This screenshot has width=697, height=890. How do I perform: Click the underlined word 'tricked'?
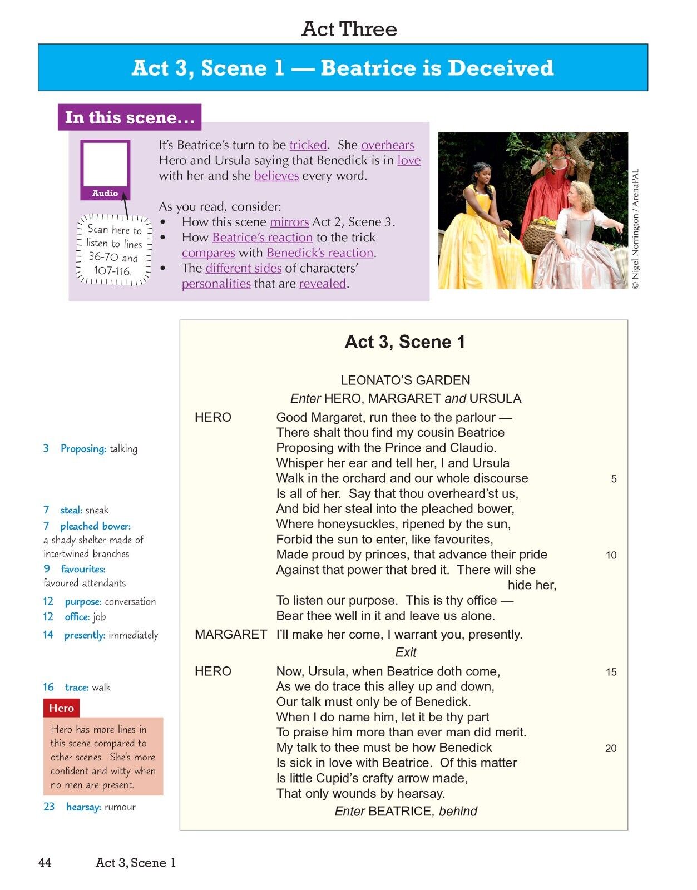pos(308,145)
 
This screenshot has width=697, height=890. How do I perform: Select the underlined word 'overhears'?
pos(387,145)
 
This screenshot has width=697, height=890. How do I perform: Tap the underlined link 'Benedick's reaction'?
pos(320,253)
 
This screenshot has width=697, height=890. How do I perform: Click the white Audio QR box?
pos(105,165)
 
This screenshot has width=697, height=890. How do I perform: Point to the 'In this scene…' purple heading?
pos(130,117)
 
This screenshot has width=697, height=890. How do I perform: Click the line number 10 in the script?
pos(611,555)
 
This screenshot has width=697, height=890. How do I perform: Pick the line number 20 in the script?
pos(611,748)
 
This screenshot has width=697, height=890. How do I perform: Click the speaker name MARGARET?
pos(231,635)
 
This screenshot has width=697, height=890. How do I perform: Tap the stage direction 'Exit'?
pos(406,652)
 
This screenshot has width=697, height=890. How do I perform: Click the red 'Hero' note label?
pos(61,708)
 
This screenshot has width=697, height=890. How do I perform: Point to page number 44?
pos(45,862)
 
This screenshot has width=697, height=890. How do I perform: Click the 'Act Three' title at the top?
pos(349,29)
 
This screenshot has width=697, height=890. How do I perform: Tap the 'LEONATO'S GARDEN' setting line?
pos(405,380)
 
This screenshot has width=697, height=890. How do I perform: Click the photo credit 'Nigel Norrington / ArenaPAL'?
pos(636,228)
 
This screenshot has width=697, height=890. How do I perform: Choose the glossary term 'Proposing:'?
pos(83,448)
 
